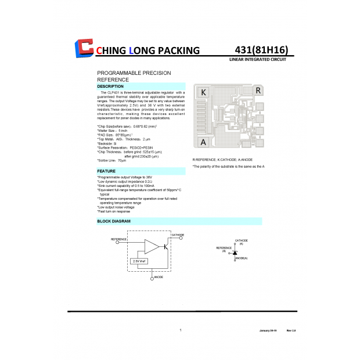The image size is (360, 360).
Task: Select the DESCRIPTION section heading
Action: click(110, 87)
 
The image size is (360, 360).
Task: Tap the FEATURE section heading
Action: click(106, 171)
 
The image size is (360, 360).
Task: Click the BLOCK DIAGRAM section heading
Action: click(114, 221)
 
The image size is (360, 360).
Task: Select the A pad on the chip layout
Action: click(203, 142)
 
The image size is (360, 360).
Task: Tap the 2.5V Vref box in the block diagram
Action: click(141, 261)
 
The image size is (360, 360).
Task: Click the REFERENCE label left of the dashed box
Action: click(119, 239)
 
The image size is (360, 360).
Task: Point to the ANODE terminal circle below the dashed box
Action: click(152, 278)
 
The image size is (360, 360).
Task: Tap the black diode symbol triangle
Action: click(235, 251)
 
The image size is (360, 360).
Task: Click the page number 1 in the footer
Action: click(181, 330)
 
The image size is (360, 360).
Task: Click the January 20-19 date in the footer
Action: click(268, 330)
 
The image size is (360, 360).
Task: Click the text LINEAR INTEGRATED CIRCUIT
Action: click(258, 60)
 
